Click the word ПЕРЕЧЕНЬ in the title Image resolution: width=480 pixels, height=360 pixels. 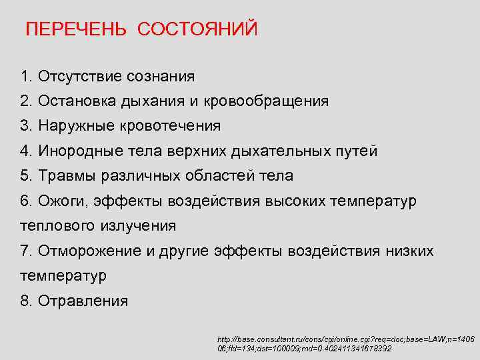76,30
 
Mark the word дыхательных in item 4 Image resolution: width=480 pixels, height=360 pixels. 281,151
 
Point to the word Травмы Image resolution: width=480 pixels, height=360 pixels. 67,176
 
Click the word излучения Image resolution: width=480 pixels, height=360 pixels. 138,225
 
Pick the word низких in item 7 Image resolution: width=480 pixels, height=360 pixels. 409,251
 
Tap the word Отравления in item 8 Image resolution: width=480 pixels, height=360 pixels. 83,301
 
